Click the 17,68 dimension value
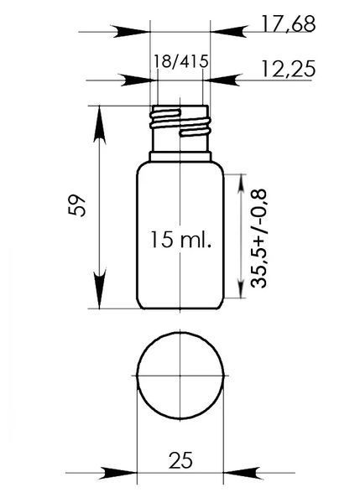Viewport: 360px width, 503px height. (x=289, y=23)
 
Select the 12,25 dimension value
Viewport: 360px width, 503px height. (x=289, y=69)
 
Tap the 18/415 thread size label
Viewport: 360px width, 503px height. (x=181, y=61)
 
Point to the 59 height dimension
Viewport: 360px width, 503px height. (x=77, y=205)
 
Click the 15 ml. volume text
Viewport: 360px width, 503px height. (x=181, y=239)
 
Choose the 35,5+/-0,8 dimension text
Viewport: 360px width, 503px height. (x=258, y=239)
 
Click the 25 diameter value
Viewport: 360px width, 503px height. (x=180, y=460)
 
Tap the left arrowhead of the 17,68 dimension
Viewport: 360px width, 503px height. (x=131, y=32)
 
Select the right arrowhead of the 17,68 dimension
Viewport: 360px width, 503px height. (x=228, y=32)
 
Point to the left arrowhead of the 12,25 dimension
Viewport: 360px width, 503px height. (x=136, y=80)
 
